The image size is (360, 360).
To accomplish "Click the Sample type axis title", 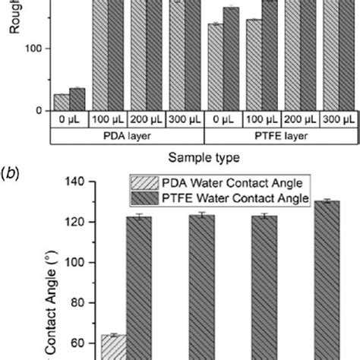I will click(x=204, y=159).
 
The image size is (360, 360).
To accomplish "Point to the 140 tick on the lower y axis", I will click(x=76, y=182).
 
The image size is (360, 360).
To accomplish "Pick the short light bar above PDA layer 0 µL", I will click(x=61, y=103).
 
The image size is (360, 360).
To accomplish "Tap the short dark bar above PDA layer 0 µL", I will click(x=77, y=99).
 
